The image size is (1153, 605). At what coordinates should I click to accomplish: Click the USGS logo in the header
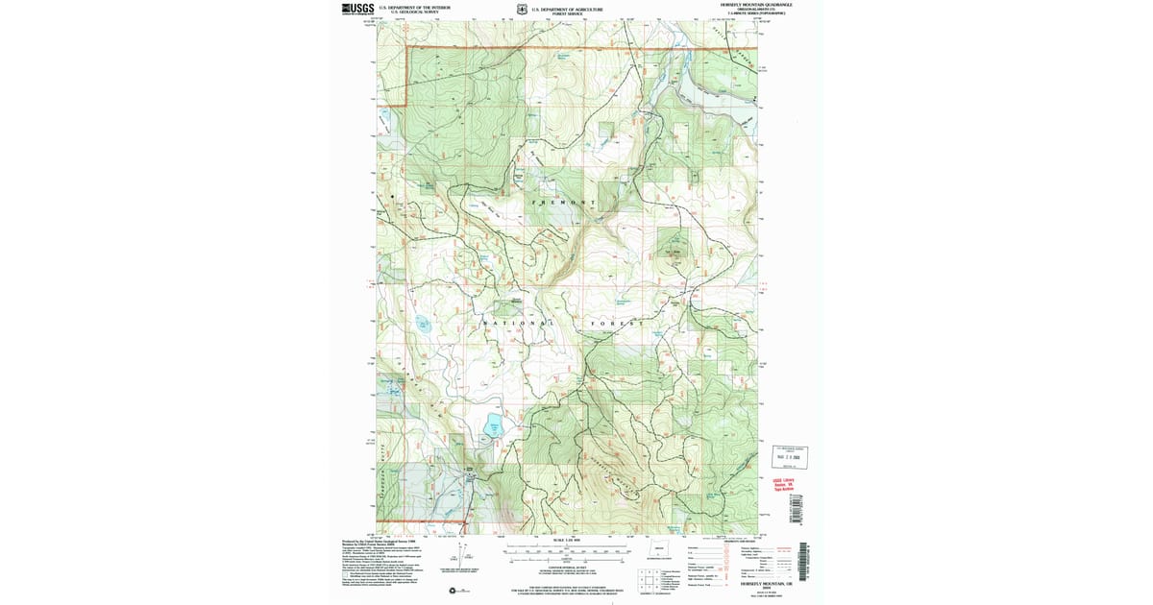[356, 9]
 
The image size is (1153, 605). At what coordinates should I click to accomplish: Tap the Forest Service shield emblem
[521, 9]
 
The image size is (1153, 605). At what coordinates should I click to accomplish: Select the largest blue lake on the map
[493, 425]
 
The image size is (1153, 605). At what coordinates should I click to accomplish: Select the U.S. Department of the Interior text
[414, 7]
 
